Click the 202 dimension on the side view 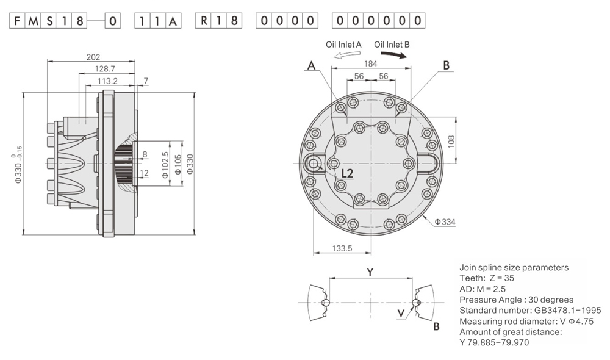[x=93, y=57]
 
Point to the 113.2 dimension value [x=107, y=81]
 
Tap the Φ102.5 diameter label [x=165, y=164]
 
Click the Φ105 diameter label [x=178, y=164]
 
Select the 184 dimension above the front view [x=370, y=63]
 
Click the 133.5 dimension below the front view [x=342, y=248]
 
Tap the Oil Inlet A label [x=344, y=45]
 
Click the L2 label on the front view [x=346, y=173]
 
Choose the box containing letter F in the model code [x=18, y=21]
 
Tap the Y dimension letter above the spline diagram [x=370, y=272]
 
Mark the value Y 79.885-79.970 [x=494, y=342]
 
